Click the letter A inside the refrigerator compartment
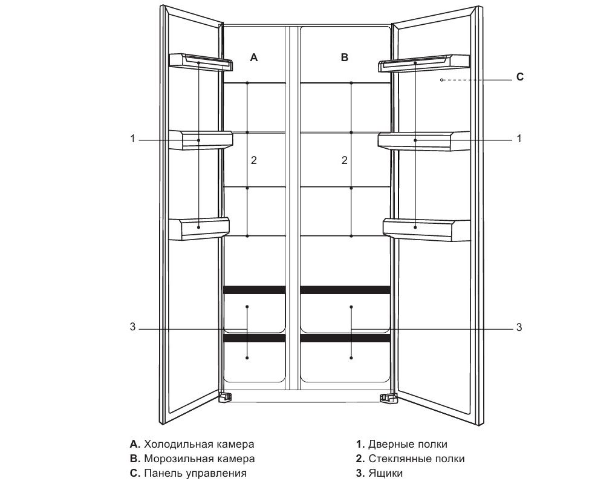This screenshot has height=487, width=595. click(254, 57)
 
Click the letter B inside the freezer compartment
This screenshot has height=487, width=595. click(345, 57)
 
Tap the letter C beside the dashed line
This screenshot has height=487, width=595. click(520, 77)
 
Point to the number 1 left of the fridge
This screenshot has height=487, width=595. click(132, 139)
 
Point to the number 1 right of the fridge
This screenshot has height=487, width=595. click(519, 139)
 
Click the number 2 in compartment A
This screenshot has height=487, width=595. click(254, 160)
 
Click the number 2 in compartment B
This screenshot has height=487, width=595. click(345, 160)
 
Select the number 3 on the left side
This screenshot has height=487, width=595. click(132, 328)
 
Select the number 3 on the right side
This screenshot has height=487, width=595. click(519, 328)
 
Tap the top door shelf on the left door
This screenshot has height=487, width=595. click(200, 62)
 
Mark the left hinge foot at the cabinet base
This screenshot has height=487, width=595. click(225, 397)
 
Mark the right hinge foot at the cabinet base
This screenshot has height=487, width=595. click(387, 397)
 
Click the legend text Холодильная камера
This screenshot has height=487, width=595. click(199, 445)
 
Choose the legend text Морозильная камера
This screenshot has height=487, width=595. click(199, 459)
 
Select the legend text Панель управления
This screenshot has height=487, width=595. click(195, 473)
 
